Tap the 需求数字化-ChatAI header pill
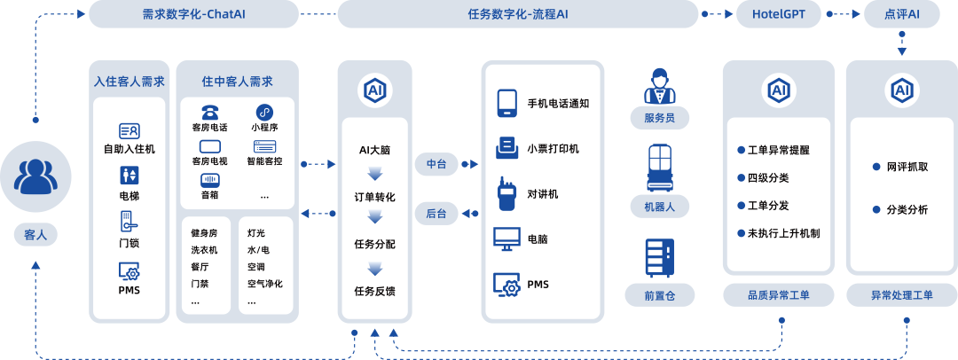click(193, 14)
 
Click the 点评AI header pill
click(901, 14)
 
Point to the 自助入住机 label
click(129, 148)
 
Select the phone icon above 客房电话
click(209, 112)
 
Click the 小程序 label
click(264, 127)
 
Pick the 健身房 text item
click(204, 232)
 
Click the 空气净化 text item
click(264, 283)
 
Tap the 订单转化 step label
click(374, 197)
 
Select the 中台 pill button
click(436, 164)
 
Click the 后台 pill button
click(436, 213)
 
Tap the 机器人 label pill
click(659, 207)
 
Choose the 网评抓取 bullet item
click(907, 166)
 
